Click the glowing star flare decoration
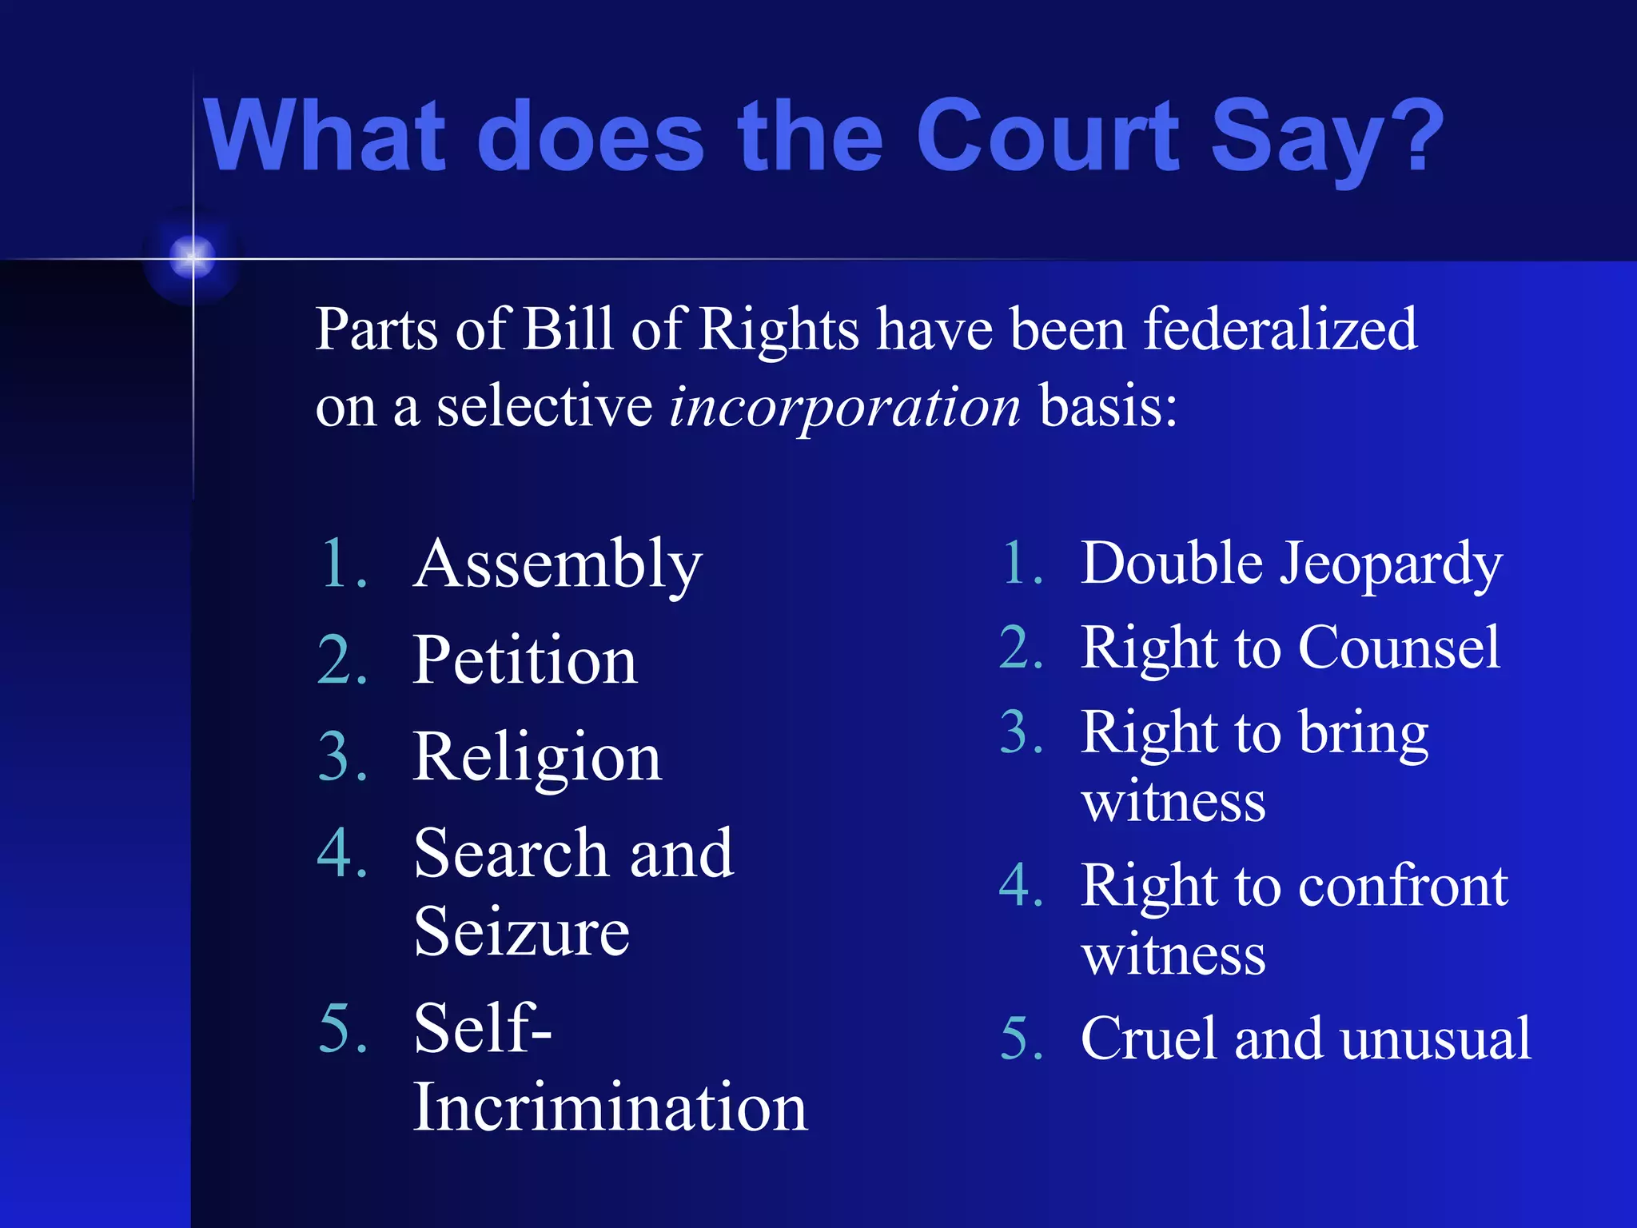coord(193,257)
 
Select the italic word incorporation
coord(845,406)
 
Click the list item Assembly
coord(557,564)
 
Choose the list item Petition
coord(525,660)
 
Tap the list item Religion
coord(537,756)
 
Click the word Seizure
coord(522,932)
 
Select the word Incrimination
coord(611,1108)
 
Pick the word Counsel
coord(1399,648)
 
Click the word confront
coord(1403,886)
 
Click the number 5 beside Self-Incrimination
coord(342,1030)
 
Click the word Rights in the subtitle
coord(779,330)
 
